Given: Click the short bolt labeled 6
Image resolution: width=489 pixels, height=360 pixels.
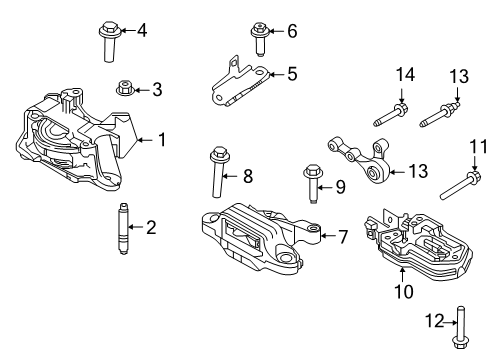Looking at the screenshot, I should coord(259,40).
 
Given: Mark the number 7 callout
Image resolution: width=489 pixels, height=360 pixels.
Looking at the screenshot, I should coord(342,237).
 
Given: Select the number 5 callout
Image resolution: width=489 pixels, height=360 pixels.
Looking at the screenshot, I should coord(292,73).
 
